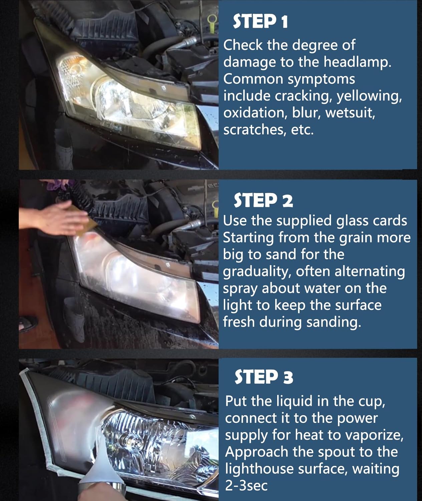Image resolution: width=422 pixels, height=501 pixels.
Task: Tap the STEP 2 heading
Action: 263,200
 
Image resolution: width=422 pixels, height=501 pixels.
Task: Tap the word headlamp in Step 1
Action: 357,62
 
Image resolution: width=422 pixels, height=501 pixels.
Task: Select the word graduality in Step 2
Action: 258,272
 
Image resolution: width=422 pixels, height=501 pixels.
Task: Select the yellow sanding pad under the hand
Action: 89,221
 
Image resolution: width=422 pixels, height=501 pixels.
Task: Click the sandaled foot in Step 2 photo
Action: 28,324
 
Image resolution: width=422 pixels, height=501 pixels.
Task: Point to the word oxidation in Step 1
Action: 256,113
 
